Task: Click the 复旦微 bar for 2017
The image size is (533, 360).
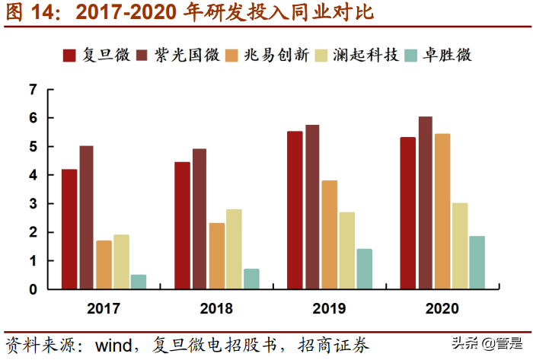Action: tap(69, 229)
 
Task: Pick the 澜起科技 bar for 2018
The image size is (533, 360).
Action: tap(234, 249)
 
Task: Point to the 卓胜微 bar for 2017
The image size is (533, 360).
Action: tap(138, 282)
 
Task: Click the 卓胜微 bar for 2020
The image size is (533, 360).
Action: tap(477, 263)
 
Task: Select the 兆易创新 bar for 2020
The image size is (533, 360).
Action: tap(442, 212)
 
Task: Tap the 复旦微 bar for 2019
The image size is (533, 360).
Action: tap(295, 210)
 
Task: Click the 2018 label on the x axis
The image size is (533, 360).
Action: tap(216, 308)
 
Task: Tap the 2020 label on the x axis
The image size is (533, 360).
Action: tap(442, 308)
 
